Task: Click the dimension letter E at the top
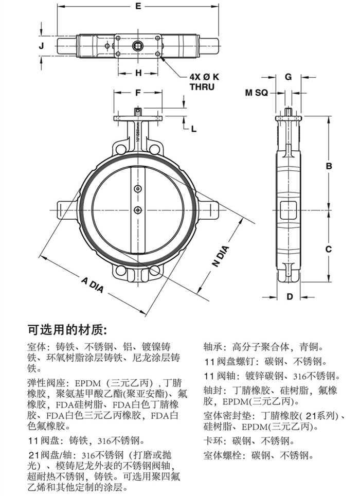(x=138, y=6)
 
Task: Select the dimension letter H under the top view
(x=138, y=73)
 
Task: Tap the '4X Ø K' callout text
(x=204, y=77)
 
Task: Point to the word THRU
(x=202, y=87)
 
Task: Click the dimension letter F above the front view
(x=137, y=93)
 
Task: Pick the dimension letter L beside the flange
(x=194, y=129)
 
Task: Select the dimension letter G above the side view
(x=289, y=77)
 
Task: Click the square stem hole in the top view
(x=138, y=45)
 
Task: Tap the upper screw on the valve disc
(x=137, y=189)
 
